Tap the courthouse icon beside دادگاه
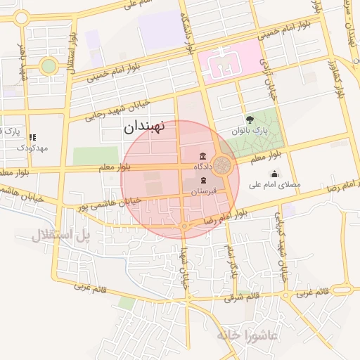click(203, 155)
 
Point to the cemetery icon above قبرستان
click(203, 180)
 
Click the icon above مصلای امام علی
click(274, 174)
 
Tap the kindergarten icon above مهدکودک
click(32, 137)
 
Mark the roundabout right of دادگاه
click(224, 166)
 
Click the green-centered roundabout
click(48, 66)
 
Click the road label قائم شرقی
click(242, 296)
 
